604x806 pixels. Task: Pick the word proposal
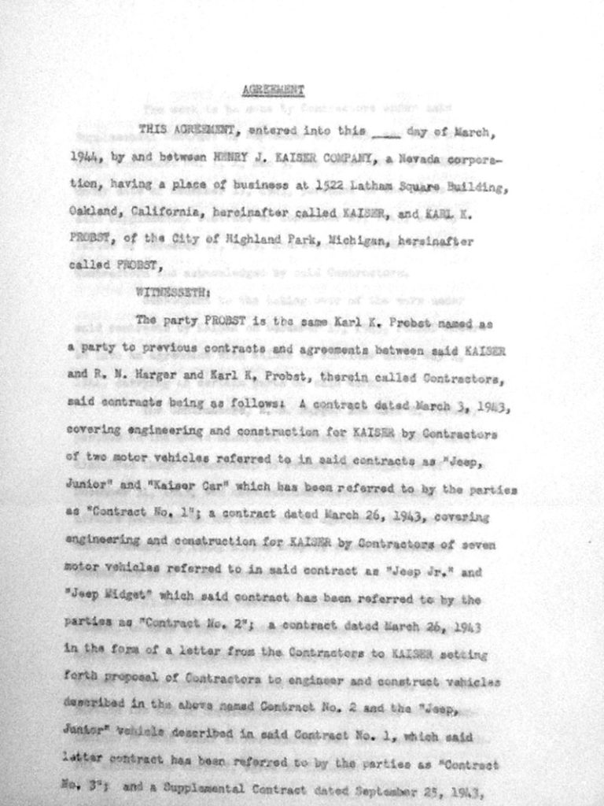click(123, 680)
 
